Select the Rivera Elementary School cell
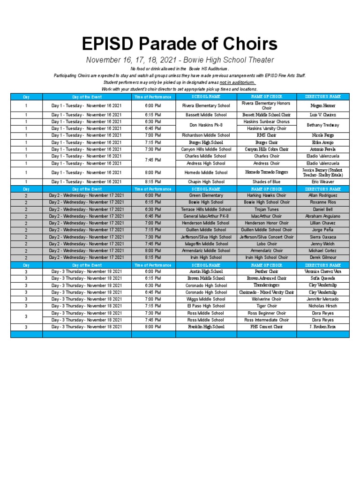point(206,106)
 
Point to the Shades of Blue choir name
point(266,182)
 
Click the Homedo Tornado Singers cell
point(266,172)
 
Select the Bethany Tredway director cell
point(323,125)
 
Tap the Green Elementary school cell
point(206,195)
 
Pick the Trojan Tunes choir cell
point(266,210)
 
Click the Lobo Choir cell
point(266,244)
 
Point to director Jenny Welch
point(323,244)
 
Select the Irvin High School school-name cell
point(206,257)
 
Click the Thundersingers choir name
point(266,285)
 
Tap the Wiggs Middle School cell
point(206,299)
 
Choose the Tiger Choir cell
point(266,306)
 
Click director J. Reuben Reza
point(323,327)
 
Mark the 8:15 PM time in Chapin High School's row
point(153,182)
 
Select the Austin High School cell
point(206,271)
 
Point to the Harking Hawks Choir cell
point(266,195)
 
